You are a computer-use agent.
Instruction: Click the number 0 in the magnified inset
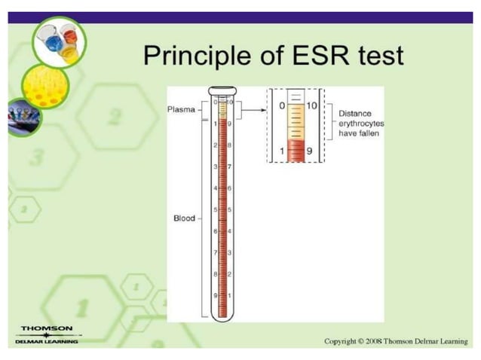(x=282, y=106)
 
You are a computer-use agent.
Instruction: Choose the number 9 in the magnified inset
(x=310, y=151)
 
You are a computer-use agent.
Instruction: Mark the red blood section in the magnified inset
(x=296, y=151)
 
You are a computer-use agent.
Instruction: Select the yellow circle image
(x=44, y=86)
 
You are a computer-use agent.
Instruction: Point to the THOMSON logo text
(x=47, y=328)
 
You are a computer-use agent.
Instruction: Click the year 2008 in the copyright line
(x=371, y=341)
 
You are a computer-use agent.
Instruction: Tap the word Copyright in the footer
(x=339, y=341)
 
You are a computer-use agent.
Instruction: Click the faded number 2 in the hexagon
(x=115, y=117)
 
